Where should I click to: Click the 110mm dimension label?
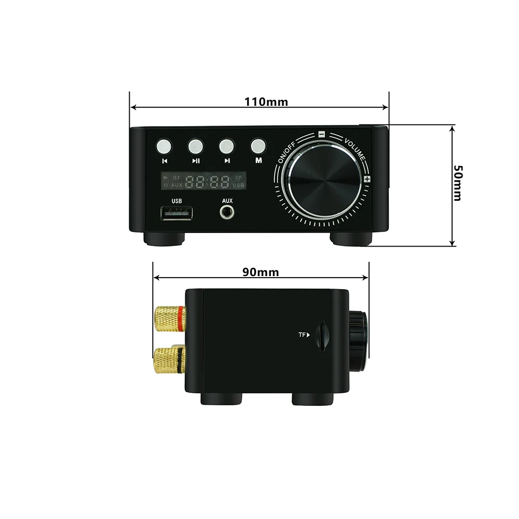[266, 102]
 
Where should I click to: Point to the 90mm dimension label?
[261, 272]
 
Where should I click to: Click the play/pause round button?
[196, 145]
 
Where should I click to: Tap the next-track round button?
[227, 145]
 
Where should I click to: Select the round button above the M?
[258, 145]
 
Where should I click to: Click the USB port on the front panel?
[176, 213]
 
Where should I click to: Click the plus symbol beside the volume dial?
[367, 179]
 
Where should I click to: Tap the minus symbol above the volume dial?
[322, 133]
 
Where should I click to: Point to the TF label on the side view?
[304, 335]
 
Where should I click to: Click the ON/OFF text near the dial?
[288, 152]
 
